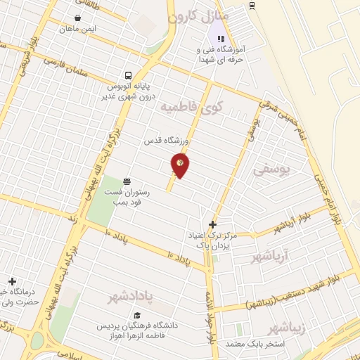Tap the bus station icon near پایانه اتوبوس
[x=128, y=75]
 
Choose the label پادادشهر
[x=141, y=296]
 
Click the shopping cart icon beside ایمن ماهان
[x=77, y=18]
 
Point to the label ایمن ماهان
[x=77, y=29]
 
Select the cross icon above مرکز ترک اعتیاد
[x=213, y=225]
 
